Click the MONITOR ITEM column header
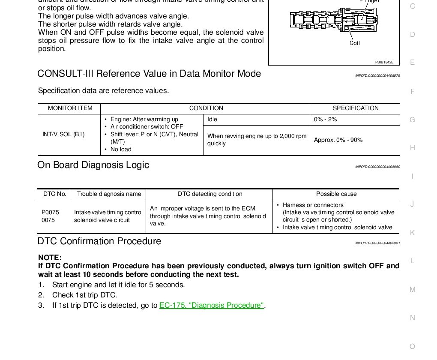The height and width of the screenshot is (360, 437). click(x=70, y=108)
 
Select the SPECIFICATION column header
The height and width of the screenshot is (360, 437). click(x=356, y=108)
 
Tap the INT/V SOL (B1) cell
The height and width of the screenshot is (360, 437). click(x=63, y=135)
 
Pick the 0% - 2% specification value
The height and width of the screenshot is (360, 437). click(x=325, y=120)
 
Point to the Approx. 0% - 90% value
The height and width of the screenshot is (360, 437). click(x=338, y=140)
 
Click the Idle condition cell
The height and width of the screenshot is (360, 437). click(x=213, y=120)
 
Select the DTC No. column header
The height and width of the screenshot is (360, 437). click(x=55, y=194)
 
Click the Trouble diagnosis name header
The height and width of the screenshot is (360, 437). click(x=109, y=194)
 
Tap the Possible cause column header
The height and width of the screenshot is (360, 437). click(x=336, y=194)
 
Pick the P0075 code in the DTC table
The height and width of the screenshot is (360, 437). click(x=50, y=212)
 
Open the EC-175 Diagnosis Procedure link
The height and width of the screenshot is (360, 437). click(x=212, y=306)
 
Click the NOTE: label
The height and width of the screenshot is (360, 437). click(x=50, y=258)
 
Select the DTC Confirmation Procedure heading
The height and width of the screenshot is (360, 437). click(x=99, y=241)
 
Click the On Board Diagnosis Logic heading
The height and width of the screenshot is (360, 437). click(x=93, y=165)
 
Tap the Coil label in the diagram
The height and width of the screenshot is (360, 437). click(x=355, y=43)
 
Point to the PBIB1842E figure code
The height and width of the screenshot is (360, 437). click(x=384, y=62)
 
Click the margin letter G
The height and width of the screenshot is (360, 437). click(x=412, y=120)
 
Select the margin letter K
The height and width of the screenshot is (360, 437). click(x=412, y=233)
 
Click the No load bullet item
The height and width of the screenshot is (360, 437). click(x=121, y=150)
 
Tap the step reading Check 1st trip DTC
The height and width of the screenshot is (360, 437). click(x=84, y=295)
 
